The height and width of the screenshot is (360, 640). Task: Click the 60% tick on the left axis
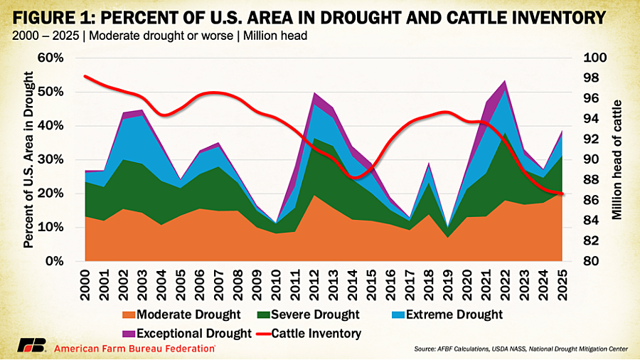(x=60, y=58)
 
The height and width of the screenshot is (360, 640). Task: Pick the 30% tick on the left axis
(x=60, y=159)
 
